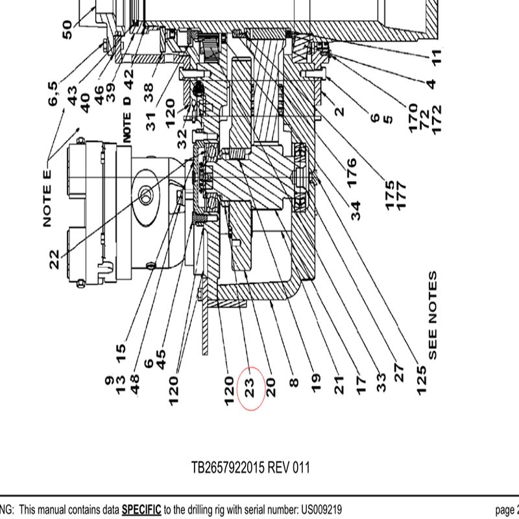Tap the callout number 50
[x=67, y=29]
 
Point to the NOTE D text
[x=128, y=118]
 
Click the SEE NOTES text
[x=433, y=315]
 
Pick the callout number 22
[x=54, y=259]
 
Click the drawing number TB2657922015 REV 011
[x=250, y=467]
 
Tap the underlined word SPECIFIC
[x=141, y=510]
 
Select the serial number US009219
[x=319, y=510]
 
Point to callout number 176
[x=351, y=173]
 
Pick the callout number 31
[x=152, y=121]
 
